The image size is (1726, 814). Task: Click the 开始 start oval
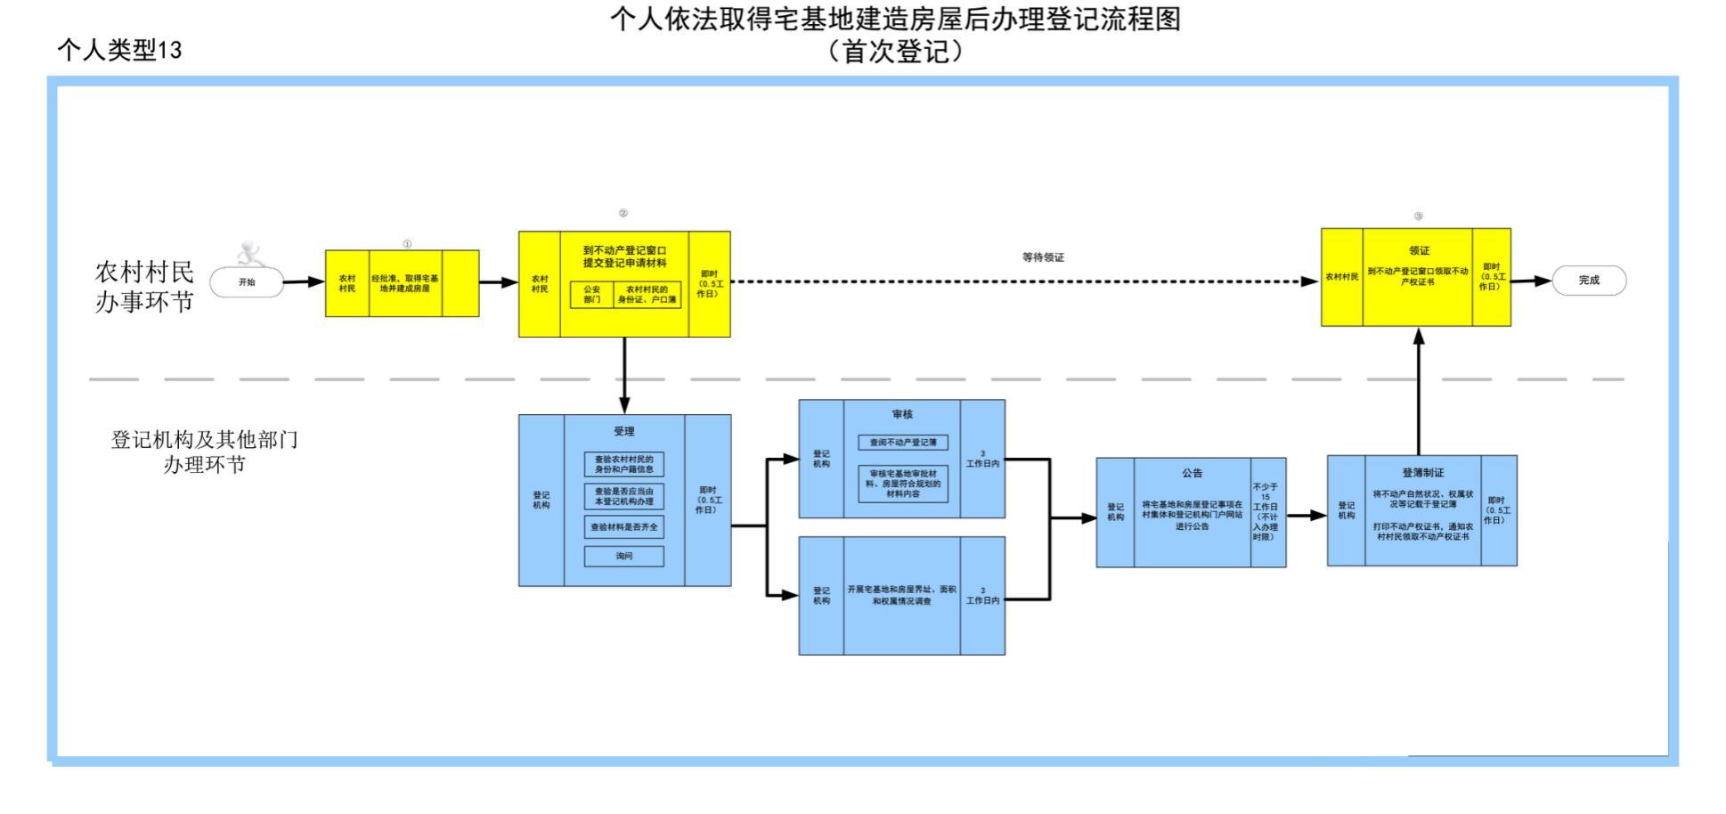tap(247, 282)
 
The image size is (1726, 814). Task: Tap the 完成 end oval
tap(1589, 280)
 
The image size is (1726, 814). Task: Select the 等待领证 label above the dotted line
tap(1043, 257)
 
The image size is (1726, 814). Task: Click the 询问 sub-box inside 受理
tap(623, 556)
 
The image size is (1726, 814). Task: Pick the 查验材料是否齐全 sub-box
tap(623, 527)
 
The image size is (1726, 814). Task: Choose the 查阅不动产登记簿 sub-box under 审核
tap(902, 443)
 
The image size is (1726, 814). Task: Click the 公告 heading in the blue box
tap(1192, 473)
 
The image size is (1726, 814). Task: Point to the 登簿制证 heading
tap(1422, 473)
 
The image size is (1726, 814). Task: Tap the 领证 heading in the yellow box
tap(1419, 251)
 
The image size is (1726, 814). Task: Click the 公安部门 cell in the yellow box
tap(592, 295)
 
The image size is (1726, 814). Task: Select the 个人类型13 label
tap(119, 50)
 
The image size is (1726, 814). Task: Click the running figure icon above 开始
tap(251, 255)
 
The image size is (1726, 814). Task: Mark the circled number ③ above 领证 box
tap(1418, 216)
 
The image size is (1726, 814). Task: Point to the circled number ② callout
tap(623, 214)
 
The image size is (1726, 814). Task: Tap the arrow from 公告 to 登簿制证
tap(1306, 515)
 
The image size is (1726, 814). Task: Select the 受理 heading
tap(623, 432)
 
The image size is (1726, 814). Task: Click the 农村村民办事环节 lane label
tap(144, 287)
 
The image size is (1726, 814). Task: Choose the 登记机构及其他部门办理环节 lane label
tap(204, 452)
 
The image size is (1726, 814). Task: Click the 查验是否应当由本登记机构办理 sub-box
tap(623, 496)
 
